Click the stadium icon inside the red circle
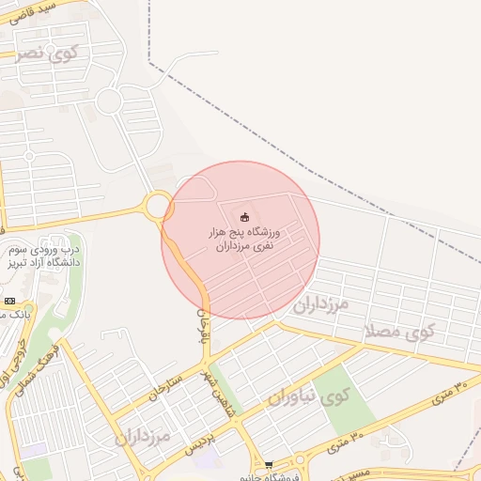click(x=245, y=217)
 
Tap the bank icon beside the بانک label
click(x=9, y=301)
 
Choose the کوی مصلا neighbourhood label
click(x=402, y=331)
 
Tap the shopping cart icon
click(x=269, y=465)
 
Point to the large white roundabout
click(x=109, y=101)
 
